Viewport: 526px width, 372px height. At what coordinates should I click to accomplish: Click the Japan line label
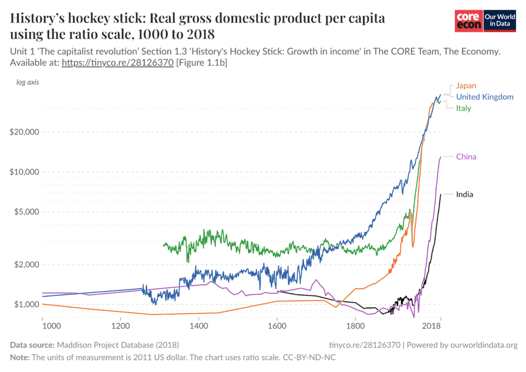tap(466, 86)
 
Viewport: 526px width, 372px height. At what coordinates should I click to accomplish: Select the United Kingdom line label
tap(484, 97)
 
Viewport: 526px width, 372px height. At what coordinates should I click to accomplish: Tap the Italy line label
tap(463, 108)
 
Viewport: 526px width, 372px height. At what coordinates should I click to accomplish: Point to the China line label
tap(466, 156)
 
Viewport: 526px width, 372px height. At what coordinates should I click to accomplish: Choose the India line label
tap(464, 194)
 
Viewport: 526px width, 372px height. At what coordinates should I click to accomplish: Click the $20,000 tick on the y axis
tap(25, 132)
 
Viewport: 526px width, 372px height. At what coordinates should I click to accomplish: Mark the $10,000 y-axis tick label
tap(25, 172)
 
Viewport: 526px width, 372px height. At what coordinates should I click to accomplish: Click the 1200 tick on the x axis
tap(120, 326)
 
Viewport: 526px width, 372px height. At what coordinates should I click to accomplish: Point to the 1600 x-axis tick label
tap(277, 326)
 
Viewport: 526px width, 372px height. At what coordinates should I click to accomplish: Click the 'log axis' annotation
tap(28, 82)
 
